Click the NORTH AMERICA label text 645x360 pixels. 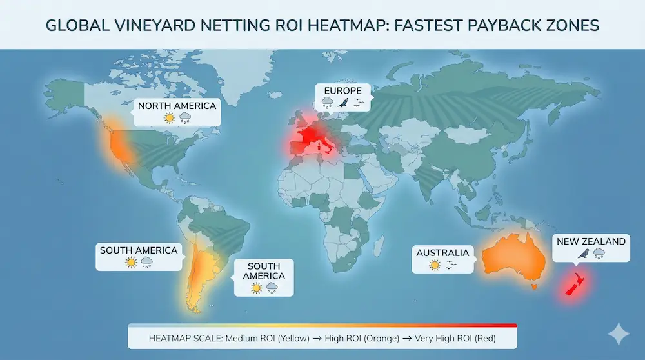(177, 105)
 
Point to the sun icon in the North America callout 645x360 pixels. (170, 118)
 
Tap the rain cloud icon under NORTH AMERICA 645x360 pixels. (185, 118)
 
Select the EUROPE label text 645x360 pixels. (343, 90)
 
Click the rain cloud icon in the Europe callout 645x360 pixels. (328, 103)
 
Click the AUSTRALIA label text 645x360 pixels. (442, 252)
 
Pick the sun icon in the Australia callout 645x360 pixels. (435, 265)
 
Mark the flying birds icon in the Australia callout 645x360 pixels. (451, 265)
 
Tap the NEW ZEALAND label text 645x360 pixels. (591, 241)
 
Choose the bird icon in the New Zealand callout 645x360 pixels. (584, 254)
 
